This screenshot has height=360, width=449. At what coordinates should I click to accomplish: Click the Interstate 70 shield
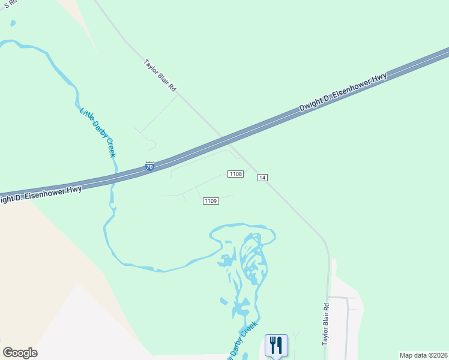click(x=150, y=166)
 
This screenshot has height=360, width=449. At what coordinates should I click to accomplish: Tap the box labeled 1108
click(x=235, y=174)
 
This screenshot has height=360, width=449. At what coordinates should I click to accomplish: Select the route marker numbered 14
click(x=262, y=177)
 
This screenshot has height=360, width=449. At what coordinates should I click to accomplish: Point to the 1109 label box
click(x=210, y=201)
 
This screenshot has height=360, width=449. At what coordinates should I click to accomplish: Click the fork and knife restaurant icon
click(x=276, y=345)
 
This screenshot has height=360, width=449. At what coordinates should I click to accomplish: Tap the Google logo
click(x=20, y=352)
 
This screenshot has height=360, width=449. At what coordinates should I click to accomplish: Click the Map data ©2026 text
click(x=423, y=355)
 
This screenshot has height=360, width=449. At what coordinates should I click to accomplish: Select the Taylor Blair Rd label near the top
click(x=160, y=75)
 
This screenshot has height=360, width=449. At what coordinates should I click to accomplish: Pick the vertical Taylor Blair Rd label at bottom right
click(x=326, y=324)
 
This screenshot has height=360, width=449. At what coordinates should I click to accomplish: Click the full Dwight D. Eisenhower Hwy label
click(x=343, y=92)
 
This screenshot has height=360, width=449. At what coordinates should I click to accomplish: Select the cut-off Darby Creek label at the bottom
click(x=242, y=341)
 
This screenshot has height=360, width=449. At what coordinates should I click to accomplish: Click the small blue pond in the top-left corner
click(x=13, y=23)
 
